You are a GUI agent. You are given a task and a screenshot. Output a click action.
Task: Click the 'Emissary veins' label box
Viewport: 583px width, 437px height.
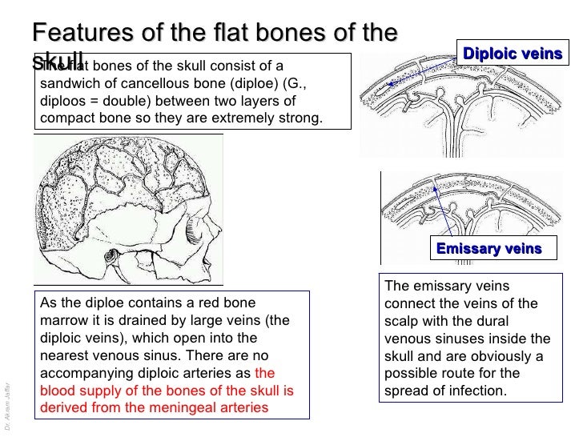pos(489,249)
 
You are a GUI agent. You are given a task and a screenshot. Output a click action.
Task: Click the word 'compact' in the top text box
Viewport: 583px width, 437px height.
pos(66,119)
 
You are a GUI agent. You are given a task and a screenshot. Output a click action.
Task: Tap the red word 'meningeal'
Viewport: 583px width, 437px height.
pos(181,409)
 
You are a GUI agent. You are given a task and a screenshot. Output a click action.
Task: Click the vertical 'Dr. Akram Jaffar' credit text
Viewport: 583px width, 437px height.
pos(7,401)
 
